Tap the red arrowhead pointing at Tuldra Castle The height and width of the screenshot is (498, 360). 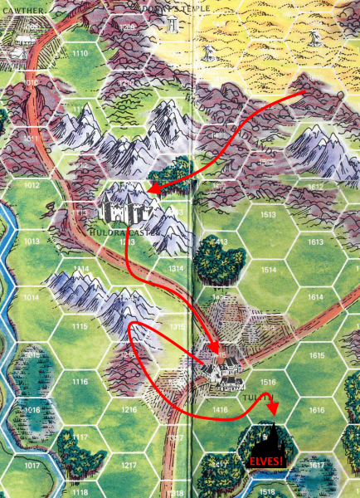[153, 192]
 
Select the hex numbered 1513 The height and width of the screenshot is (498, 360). [268, 214]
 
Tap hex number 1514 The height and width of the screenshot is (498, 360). [268, 270]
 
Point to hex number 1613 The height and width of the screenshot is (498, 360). [315, 242]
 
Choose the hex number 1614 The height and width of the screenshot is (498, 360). [315, 296]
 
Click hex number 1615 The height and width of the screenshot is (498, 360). [315, 354]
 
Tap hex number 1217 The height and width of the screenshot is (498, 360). [129, 466]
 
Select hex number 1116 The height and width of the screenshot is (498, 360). [80, 382]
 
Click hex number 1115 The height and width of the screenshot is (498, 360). [80, 327]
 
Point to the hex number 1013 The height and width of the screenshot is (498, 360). [32, 242]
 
